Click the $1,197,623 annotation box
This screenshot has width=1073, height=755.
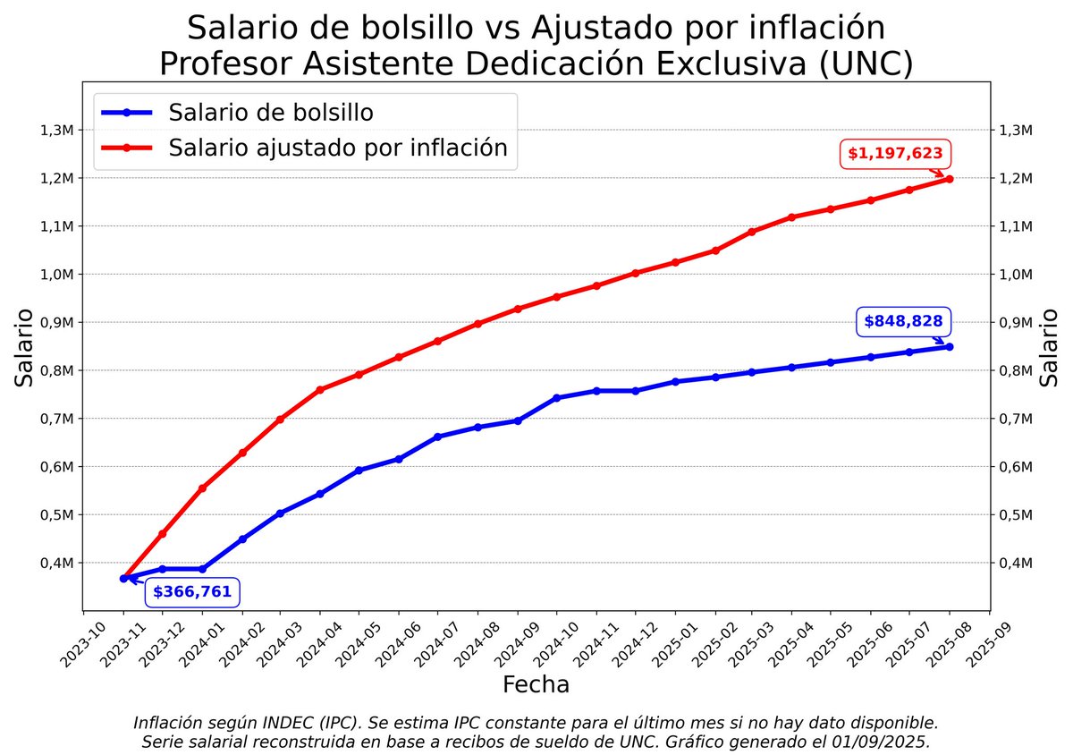tap(895, 154)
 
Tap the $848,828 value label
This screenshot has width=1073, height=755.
tap(902, 322)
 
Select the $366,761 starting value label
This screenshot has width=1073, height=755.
tap(192, 591)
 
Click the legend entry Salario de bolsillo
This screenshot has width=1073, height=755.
tap(271, 113)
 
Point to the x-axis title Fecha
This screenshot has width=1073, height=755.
tap(536, 685)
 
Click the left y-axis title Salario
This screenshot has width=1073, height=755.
tap(25, 347)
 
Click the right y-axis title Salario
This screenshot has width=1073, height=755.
tap(1051, 347)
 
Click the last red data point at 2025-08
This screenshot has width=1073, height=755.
tap(950, 179)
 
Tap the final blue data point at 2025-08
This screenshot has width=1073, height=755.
tap(950, 346)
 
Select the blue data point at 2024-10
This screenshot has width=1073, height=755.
tap(557, 397)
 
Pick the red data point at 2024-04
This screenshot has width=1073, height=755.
tap(320, 389)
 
